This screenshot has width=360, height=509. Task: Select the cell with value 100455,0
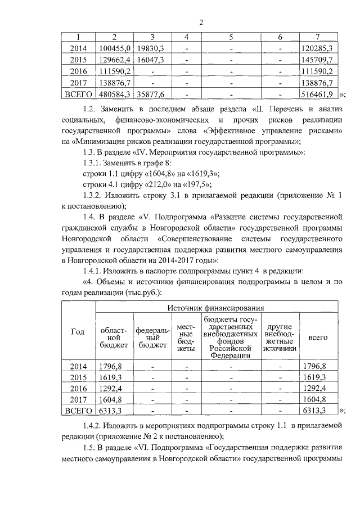tap(115, 48)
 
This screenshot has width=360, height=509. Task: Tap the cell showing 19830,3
tap(151, 48)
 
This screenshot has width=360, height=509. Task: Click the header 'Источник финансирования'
tap(215, 308)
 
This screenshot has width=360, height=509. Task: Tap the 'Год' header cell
tap(76, 332)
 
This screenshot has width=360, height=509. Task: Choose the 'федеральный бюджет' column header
tap(151, 337)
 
